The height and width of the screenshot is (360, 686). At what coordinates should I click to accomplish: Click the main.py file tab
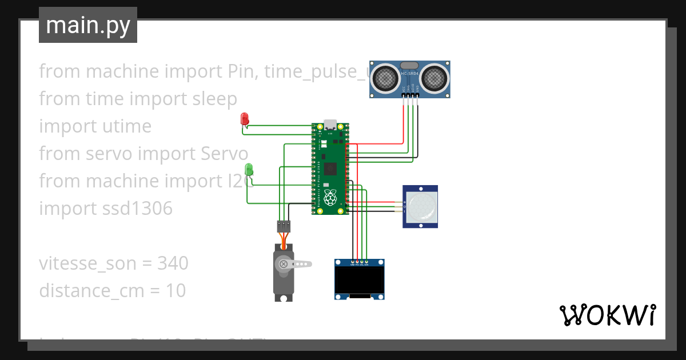tap(88, 25)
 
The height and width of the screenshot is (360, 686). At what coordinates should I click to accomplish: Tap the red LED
tap(245, 119)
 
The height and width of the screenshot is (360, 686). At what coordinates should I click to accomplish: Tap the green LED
tap(249, 169)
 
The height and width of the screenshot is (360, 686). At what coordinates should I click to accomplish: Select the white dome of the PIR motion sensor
tap(421, 206)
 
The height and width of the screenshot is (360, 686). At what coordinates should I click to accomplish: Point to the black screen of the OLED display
tap(360, 281)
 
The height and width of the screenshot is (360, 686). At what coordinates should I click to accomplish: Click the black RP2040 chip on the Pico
tap(330, 169)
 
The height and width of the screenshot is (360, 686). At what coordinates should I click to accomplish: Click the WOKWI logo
tap(607, 315)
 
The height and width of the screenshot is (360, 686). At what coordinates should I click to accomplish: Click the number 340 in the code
tap(173, 263)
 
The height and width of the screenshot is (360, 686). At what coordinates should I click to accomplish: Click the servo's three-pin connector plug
tap(284, 226)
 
